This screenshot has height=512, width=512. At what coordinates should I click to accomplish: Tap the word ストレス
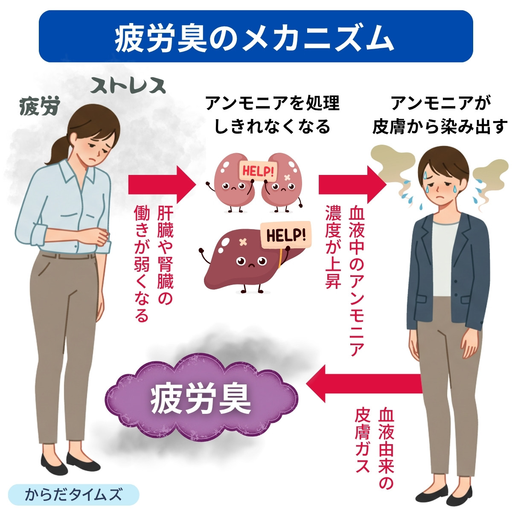coord(128,86)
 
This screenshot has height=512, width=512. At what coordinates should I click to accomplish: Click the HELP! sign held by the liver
coord(286,234)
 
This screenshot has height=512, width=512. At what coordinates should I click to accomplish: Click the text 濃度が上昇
coord(333,247)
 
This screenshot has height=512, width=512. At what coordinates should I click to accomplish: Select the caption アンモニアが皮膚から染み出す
coord(439,115)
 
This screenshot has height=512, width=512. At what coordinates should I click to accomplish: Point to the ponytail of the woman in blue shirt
coord(58,149)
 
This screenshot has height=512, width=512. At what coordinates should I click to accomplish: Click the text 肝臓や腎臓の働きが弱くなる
coord(154,265)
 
